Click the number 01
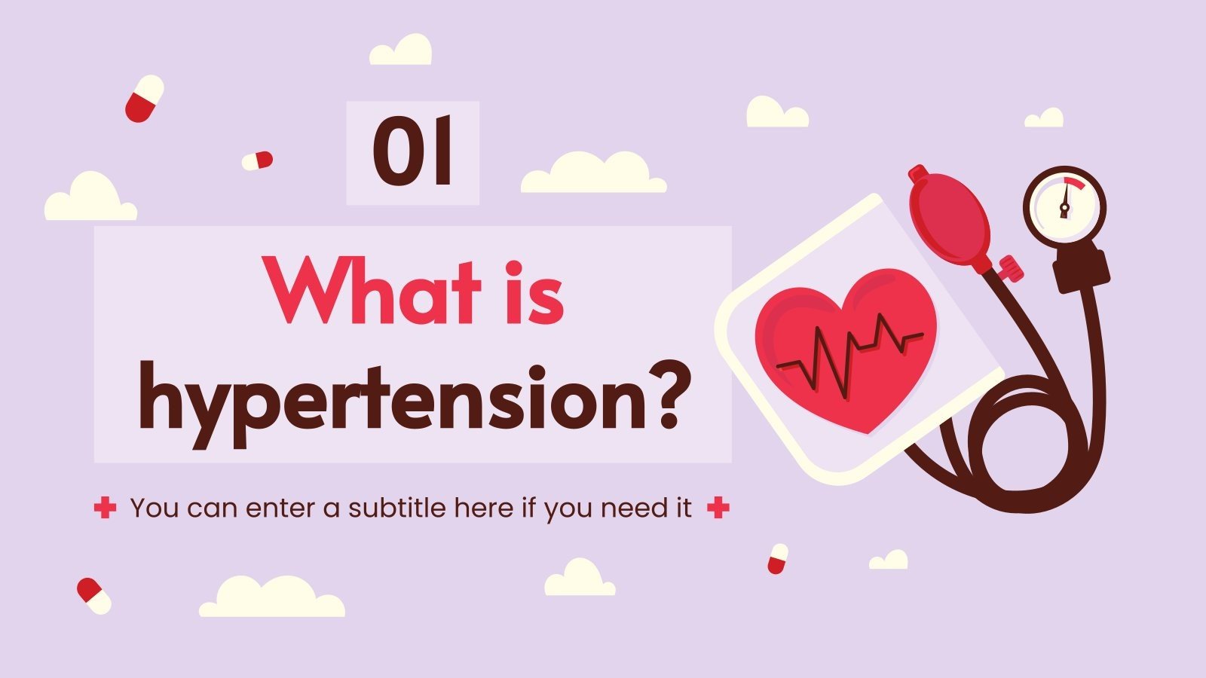(x=412, y=152)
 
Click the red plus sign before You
(x=106, y=508)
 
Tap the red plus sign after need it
(x=718, y=508)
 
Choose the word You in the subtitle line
(x=155, y=508)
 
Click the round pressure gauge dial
(x=1064, y=204)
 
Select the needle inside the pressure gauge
(x=1064, y=202)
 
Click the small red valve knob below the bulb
(x=1010, y=267)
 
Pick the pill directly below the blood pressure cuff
(x=778, y=559)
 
